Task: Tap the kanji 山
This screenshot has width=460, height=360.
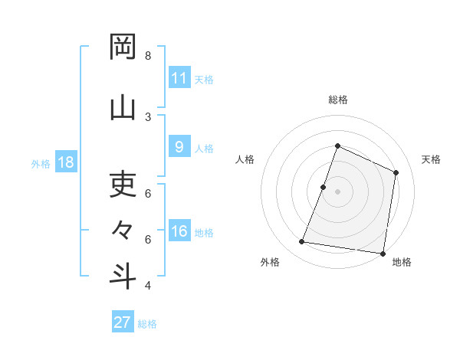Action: point(123,108)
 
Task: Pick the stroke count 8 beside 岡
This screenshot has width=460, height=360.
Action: point(148,56)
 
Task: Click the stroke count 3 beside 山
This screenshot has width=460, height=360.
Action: point(148,116)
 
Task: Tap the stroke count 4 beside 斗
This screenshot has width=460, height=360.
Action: point(148,286)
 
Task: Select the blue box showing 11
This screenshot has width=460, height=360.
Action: point(179,78)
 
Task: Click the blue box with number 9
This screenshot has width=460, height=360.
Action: point(179,147)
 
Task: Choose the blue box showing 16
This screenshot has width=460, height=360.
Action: point(179,231)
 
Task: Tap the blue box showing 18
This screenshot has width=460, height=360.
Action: point(65,162)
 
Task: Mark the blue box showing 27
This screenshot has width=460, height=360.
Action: point(123,322)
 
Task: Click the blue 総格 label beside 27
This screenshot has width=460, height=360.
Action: point(147,324)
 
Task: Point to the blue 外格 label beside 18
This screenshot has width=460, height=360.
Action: point(41,163)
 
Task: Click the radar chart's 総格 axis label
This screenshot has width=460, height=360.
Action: point(337,100)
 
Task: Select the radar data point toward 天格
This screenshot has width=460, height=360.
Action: point(396,172)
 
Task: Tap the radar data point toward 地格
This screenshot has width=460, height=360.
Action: point(383,253)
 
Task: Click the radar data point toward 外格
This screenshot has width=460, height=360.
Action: point(302,242)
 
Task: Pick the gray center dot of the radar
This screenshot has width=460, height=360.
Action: point(337,191)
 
